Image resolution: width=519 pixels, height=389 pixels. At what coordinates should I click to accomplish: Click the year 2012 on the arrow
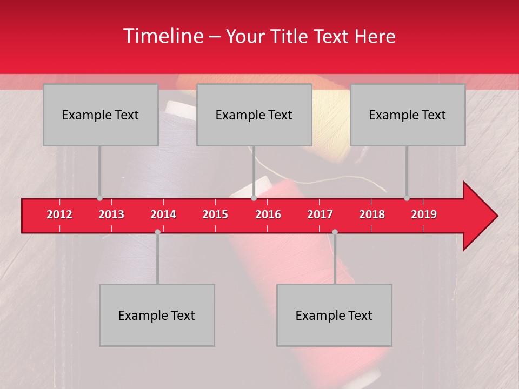59,214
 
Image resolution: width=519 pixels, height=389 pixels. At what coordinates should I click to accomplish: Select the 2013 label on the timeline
111,214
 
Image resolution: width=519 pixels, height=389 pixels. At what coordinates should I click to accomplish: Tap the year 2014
163,214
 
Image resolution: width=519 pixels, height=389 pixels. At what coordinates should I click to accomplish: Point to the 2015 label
215,214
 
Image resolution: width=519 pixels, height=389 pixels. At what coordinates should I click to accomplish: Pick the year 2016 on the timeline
268,214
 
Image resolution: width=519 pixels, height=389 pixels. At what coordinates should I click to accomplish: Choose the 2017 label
320,214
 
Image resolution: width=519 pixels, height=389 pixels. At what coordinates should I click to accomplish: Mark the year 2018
372,214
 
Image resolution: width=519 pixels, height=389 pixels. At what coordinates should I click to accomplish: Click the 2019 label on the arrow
424,214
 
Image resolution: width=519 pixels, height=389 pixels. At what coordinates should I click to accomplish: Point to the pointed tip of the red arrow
496,216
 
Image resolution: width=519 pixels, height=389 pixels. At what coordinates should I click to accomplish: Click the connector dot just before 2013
99,198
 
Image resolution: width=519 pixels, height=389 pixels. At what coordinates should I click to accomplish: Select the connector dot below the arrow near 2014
157,232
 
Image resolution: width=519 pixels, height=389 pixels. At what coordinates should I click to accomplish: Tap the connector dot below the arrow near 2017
335,232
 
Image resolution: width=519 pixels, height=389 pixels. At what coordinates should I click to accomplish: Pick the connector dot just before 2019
407,198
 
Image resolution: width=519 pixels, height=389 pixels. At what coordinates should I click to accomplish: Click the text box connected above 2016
254,115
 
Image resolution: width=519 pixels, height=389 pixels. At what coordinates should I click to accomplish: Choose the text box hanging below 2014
157,315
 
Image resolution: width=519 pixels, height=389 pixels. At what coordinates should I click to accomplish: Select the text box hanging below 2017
334,315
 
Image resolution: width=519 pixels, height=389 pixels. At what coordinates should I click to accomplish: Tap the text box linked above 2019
408,115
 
